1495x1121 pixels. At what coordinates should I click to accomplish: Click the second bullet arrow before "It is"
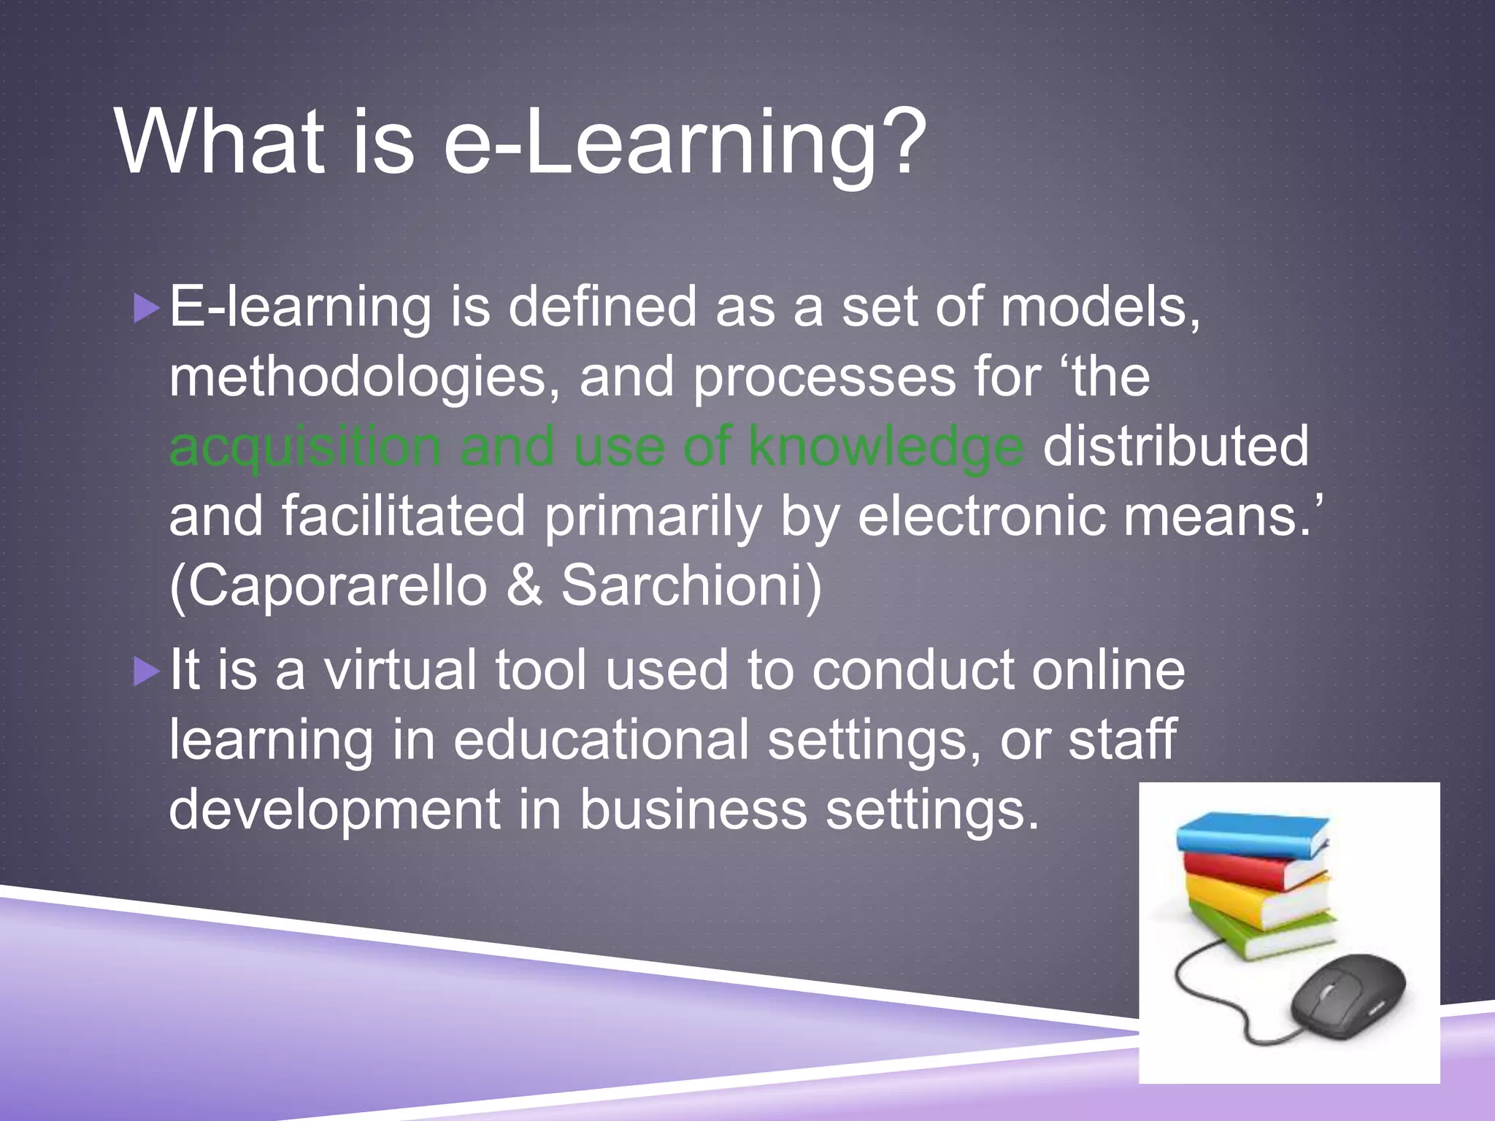pos(147,671)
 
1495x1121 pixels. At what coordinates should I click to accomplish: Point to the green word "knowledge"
pos(885,447)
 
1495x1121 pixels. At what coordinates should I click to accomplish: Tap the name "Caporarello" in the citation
pos(328,586)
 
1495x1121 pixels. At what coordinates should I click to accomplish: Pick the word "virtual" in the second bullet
pos(400,670)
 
